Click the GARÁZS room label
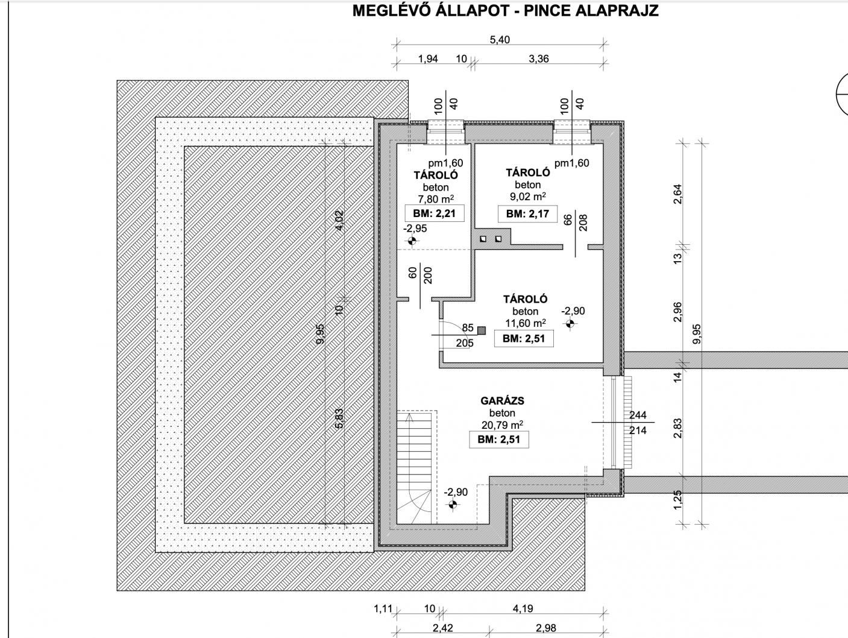502,401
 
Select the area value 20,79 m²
502,425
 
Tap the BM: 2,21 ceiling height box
434,213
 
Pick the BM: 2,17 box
527,213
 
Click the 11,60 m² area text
526,323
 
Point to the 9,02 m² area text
528,197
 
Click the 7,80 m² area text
436,200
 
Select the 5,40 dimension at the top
500,39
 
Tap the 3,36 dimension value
539,58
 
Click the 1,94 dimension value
428,58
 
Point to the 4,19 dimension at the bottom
523,608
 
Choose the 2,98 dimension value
546,628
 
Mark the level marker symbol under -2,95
412,241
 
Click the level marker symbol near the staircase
453,505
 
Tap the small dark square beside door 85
482,330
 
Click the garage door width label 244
638,415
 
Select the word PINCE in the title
547,11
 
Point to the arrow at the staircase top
409,417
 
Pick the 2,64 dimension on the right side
677,194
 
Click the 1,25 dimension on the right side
677,500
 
